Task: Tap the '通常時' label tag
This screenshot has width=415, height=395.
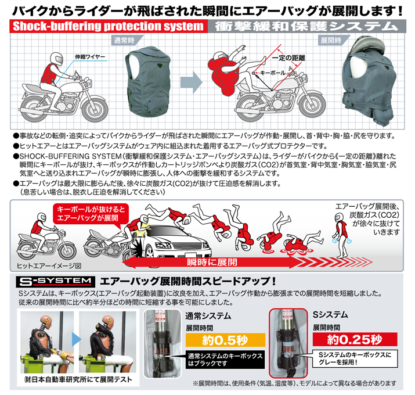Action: click(x=126, y=41)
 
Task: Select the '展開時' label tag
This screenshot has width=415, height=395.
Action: click(x=333, y=40)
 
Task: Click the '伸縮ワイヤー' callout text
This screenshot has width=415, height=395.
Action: click(x=90, y=57)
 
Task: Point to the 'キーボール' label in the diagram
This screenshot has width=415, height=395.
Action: click(x=273, y=73)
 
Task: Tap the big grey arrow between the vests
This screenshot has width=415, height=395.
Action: click(x=191, y=82)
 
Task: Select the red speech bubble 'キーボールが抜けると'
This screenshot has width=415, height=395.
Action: click(x=91, y=214)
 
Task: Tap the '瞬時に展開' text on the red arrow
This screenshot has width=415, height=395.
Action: click(x=212, y=262)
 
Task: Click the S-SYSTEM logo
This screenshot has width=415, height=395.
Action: click(x=55, y=282)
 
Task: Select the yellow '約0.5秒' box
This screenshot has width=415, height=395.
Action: click(x=225, y=340)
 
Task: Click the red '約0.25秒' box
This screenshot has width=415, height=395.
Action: click(x=355, y=339)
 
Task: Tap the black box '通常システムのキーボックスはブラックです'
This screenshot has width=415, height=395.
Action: click(x=225, y=360)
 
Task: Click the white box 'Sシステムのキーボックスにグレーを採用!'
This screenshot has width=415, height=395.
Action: click(x=355, y=358)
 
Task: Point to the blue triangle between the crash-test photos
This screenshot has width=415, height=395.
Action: click(x=77, y=339)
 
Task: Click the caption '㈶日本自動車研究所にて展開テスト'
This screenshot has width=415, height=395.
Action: click(x=78, y=380)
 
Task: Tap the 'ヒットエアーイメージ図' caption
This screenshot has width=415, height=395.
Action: click(x=49, y=265)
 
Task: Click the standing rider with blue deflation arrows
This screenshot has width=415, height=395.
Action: click(x=341, y=235)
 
